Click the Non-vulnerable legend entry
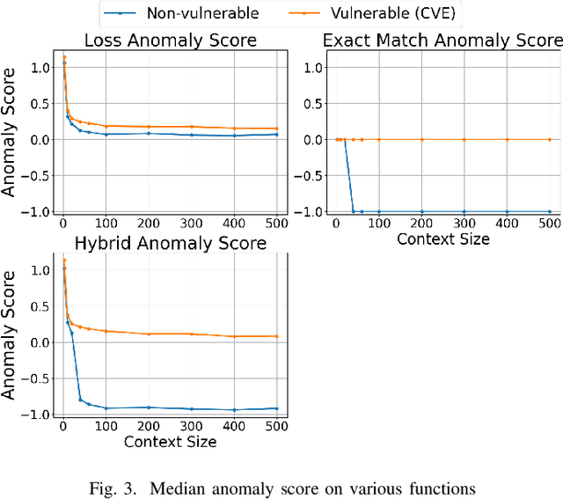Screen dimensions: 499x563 pos(227,13)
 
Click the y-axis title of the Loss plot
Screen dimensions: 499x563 pos(10,139)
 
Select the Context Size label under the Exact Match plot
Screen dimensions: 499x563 pos(442,238)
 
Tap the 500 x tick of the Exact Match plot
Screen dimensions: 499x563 pos(550,224)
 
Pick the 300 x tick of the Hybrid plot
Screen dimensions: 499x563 pos(192,426)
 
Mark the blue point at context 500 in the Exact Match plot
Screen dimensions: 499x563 pos(550,211)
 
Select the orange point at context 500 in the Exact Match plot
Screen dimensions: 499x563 pos(550,139)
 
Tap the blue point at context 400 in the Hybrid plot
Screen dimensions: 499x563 pos(235,410)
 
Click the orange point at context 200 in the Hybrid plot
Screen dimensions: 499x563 pos(149,334)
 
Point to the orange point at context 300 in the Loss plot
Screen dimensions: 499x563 pos(192,127)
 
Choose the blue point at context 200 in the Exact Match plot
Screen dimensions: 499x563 pos(421,211)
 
